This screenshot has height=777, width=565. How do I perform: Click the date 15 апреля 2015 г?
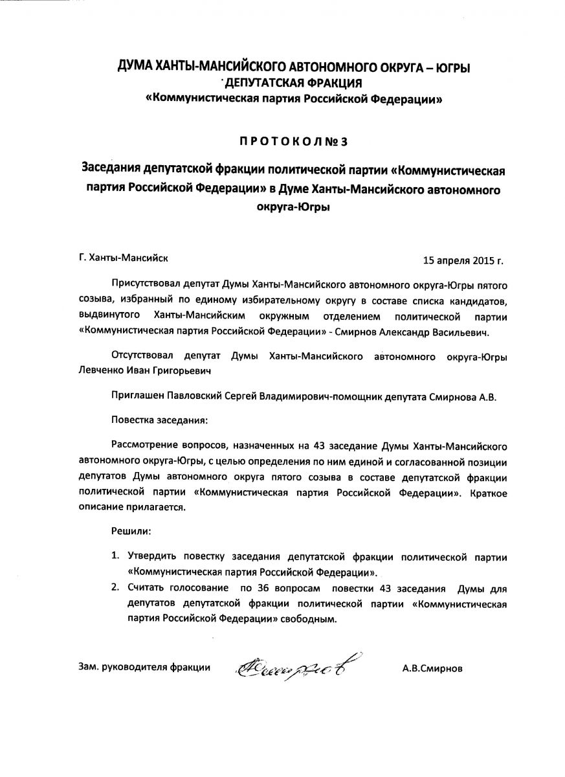(x=463, y=262)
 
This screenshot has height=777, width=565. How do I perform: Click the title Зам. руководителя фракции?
(x=144, y=668)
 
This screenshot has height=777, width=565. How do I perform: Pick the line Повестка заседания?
(x=159, y=420)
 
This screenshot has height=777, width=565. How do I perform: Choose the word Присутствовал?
(x=146, y=284)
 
